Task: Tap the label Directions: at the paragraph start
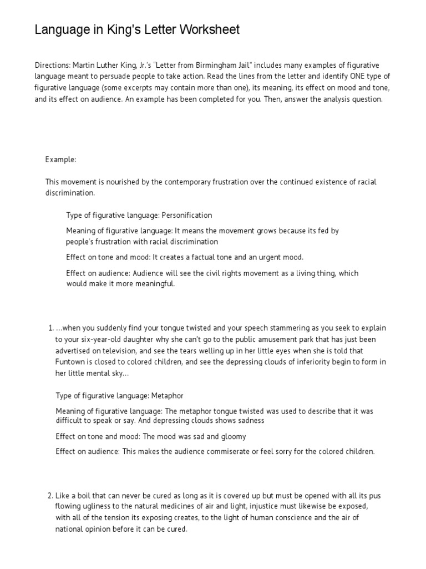tap(52, 66)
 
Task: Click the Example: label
tap(60, 160)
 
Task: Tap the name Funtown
tap(69, 362)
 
